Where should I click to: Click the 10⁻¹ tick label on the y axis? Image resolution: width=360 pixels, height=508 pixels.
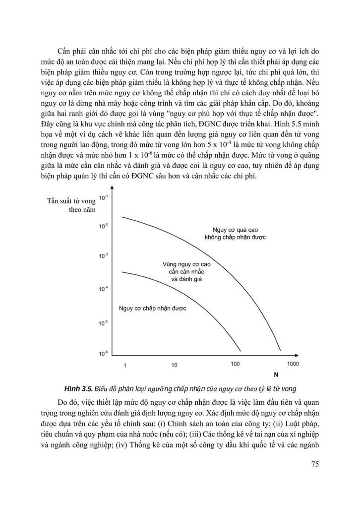104,198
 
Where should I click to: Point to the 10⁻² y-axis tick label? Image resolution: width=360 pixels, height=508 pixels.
104,226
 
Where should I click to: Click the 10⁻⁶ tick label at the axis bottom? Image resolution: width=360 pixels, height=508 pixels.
104,354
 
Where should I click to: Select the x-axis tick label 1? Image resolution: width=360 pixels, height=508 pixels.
125,366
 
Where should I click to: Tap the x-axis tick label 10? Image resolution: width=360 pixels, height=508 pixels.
174,366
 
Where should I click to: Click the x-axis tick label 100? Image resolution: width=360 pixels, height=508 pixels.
236,364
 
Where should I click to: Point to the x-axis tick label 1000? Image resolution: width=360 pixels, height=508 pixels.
293,364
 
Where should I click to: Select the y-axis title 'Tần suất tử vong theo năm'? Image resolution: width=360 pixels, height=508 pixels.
69,205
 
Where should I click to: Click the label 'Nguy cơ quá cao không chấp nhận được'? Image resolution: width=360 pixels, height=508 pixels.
236,234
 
